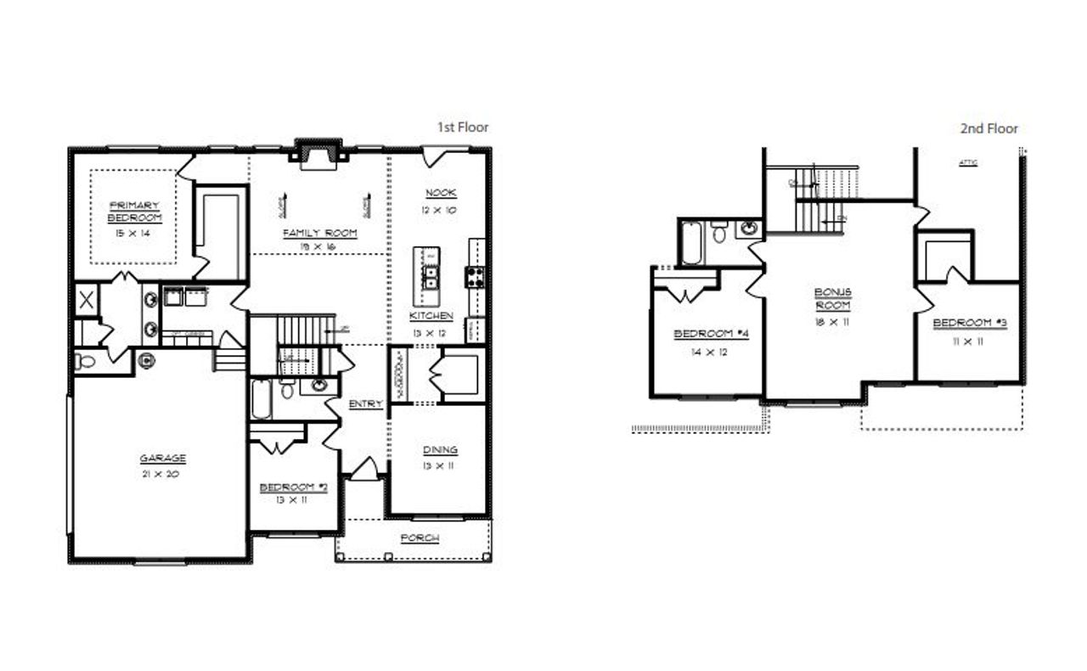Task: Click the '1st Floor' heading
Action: pyautogui.click(x=463, y=127)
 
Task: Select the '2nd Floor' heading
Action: pyautogui.click(x=988, y=129)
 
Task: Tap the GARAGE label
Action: pyautogui.click(x=162, y=459)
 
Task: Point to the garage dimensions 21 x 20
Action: pyautogui.click(x=162, y=474)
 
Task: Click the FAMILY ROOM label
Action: pyautogui.click(x=319, y=233)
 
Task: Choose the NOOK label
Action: pyautogui.click(x=442, y=194)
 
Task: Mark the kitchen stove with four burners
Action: pyautogui.click(x=474, y=276)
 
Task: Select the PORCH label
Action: pyautogui.click(x=420, y=538)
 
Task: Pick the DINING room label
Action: pyautogui.click(x=440, y=450)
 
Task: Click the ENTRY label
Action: pyautogui.click(x=365, y=404)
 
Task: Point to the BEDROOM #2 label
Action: pyautogui.click(x=293, y=487)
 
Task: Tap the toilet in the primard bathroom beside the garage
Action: pyautogui.click(x=86, y=361)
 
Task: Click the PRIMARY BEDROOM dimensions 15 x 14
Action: pyautogui.click(x=133, y=232)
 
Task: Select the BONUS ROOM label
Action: pyautogui.click(x=833, y=298)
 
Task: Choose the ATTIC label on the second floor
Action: pyautogui.click(x=967, y=162)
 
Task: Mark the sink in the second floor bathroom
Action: pyautogui.click(x=749, y=228)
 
